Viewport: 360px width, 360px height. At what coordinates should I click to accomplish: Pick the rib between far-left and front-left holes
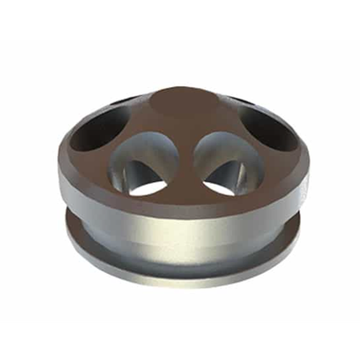click(x=115, y=155)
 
